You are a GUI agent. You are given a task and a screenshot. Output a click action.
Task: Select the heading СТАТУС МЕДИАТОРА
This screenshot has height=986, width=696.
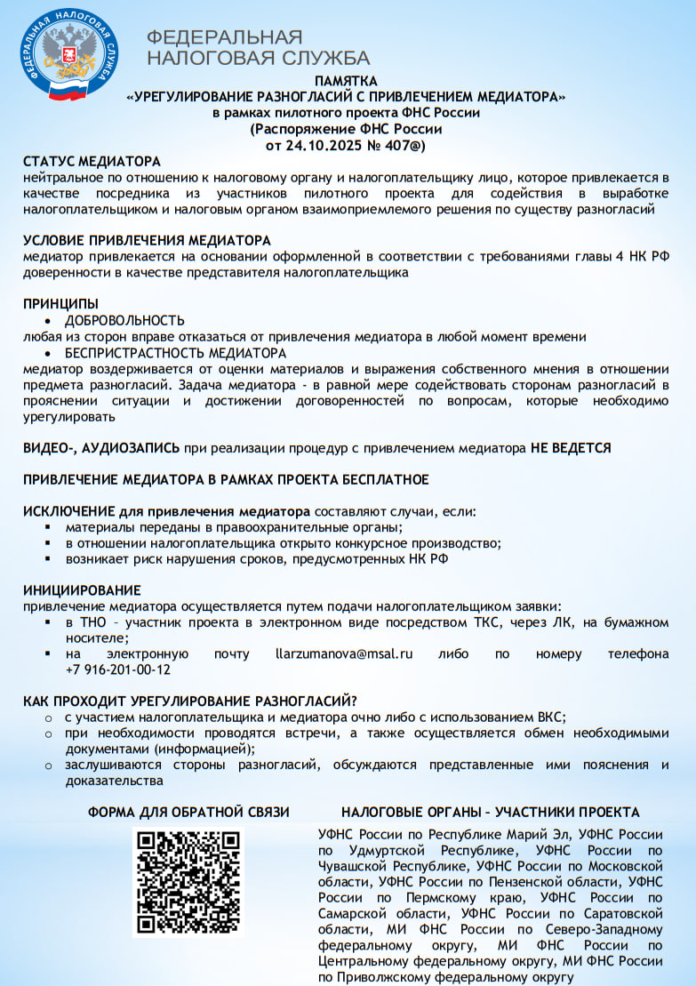coord(92,162)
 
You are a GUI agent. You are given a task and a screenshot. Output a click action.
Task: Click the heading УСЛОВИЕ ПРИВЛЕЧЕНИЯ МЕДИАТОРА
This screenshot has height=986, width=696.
coord(147,241)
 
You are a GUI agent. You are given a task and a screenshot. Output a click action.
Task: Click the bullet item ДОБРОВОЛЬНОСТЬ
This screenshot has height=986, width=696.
coord(124,320)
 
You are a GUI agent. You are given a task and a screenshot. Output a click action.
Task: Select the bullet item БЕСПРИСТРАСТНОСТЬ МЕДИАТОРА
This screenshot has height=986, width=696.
coord(175,353)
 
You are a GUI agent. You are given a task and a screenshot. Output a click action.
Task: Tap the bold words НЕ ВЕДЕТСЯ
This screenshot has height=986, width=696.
coord(571,448)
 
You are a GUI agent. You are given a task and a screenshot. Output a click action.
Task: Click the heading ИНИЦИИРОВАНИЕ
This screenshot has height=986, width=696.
coord(82,590)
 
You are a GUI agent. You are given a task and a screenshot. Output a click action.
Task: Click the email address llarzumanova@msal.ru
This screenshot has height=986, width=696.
coord(344,654)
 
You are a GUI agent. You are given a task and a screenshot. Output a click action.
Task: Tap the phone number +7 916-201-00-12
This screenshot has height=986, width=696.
coord(117,670)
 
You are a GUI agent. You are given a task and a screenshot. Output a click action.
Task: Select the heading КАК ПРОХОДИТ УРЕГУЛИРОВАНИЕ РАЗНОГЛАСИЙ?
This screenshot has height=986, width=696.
coord(190,701)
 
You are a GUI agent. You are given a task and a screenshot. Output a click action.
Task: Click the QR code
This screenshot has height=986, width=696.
coord(188,882)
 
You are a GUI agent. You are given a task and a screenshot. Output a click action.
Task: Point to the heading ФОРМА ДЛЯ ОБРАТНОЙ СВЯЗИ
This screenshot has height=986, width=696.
coord(188,813)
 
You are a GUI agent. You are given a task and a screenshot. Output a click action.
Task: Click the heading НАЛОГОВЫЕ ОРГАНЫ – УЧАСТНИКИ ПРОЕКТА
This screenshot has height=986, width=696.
coord(490,813)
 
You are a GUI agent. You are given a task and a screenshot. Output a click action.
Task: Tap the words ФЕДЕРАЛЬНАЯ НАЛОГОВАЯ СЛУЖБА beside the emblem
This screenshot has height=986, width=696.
coord(258,48)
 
